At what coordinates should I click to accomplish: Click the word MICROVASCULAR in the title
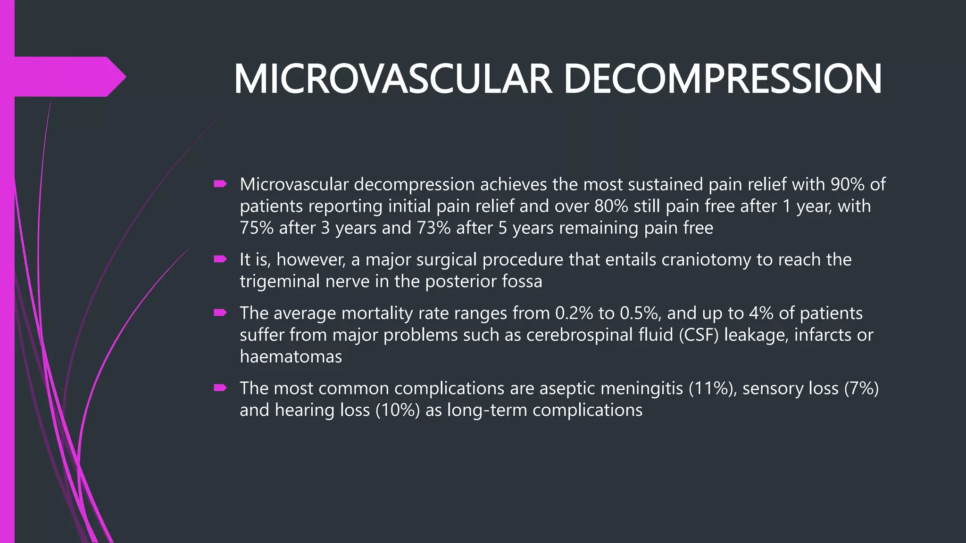[392, 79]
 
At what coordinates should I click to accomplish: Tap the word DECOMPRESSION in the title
[722, 79]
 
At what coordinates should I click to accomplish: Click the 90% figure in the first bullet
[847, 184]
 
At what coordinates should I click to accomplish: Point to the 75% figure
[257, 228]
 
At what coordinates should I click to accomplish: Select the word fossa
[522, 281]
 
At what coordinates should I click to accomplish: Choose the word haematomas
[291, 356]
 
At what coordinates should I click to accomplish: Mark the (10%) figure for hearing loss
[398, 410]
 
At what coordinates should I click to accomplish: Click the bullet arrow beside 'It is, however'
[220, 259]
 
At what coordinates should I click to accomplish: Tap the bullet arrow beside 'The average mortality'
[220, 313]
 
